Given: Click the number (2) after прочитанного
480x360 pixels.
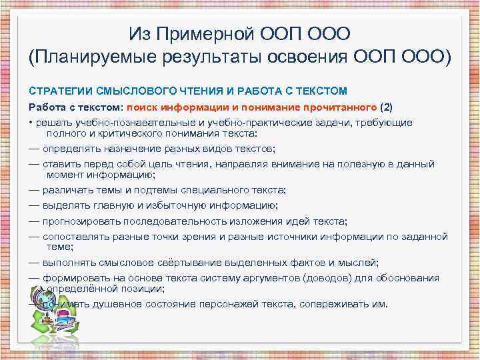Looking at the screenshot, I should coord(387,107).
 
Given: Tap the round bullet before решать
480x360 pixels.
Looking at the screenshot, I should coord(31,123).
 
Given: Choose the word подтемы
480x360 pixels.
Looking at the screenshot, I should coord(149,189).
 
